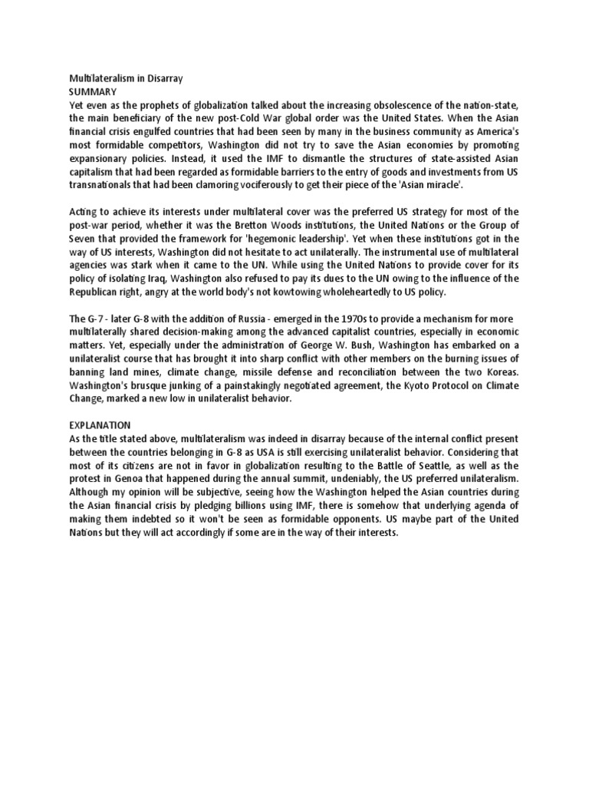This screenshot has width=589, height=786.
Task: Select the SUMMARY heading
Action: click(x=90, y=91)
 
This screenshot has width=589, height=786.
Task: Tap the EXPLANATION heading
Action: click(x=100, y=424)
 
